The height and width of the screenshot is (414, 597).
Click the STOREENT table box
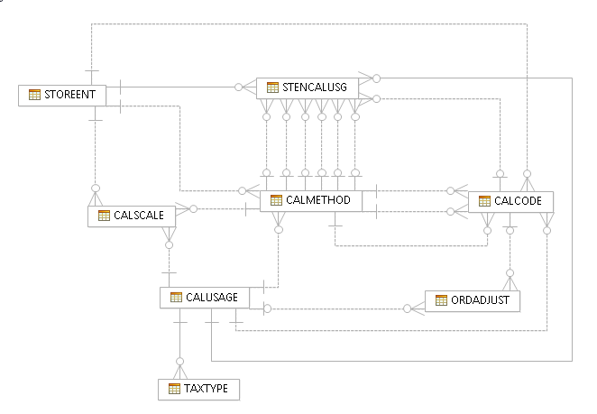pos(62,95)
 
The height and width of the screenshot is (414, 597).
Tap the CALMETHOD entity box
pos(311,200)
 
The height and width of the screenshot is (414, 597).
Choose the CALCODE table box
pos(510,201)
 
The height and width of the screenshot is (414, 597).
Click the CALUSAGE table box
pos(204,298)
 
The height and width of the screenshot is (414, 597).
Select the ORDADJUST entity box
pos(473,300)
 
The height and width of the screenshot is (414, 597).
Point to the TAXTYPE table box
pos(198,390)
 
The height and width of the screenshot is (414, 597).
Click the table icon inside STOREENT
pos(33,95)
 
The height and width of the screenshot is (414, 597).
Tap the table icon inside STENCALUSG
pos(272,87)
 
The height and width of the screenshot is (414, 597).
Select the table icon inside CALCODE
pos(483,201)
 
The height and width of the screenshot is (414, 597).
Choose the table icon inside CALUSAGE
pos(175,298)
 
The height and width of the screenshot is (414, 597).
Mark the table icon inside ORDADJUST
pos(441,300)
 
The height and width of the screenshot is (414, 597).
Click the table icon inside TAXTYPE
pos(173,390)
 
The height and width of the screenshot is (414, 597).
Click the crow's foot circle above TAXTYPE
pos(179,363)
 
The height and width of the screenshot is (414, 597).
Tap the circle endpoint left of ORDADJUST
pos(407,308)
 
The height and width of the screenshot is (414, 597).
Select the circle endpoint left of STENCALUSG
pos(239,87)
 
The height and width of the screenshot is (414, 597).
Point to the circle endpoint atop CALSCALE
pos(94,189)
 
